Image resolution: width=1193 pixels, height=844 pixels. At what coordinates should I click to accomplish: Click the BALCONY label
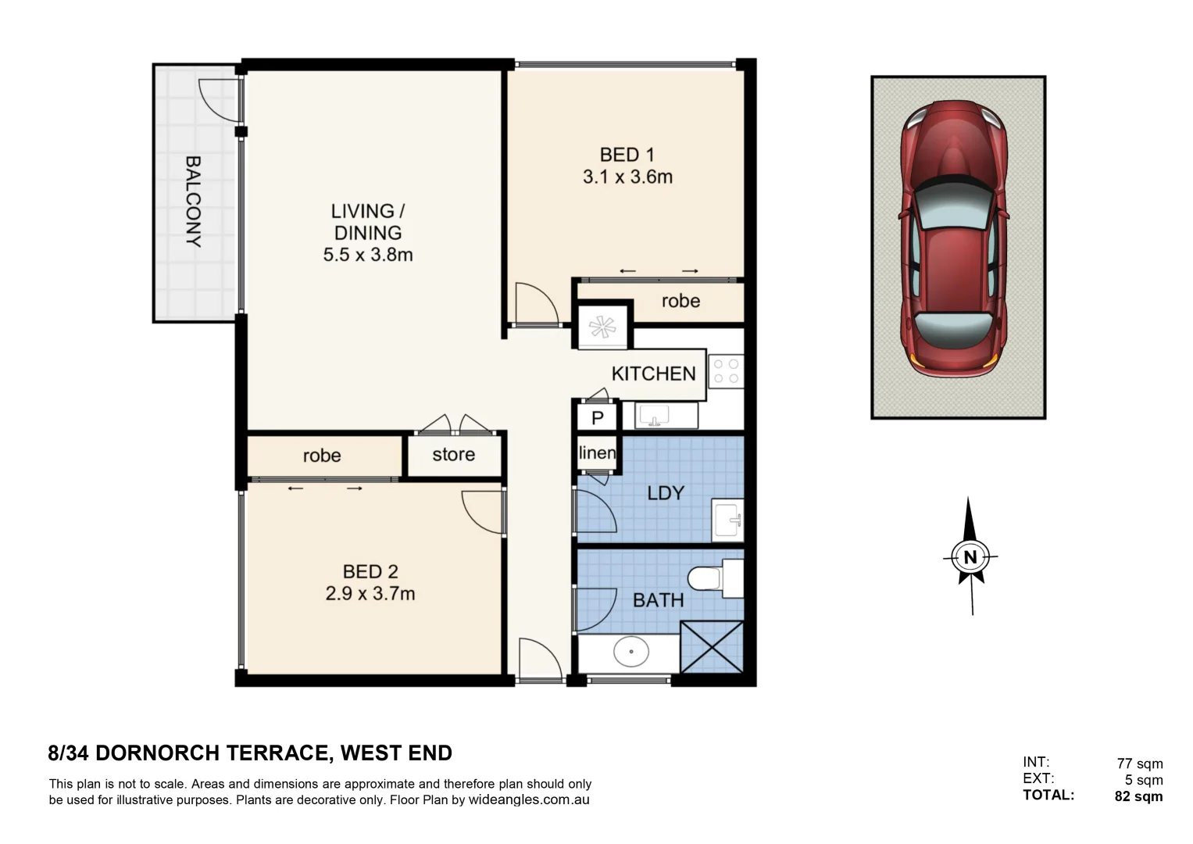[x=193, y=202]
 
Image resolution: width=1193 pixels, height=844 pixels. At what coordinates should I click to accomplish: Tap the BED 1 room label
[x=627, y=155]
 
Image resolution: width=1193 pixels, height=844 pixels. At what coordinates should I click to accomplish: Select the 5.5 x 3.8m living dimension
[x=367, y=255]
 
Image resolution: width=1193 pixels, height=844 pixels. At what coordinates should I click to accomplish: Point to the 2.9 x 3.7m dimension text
[x=370, y=594]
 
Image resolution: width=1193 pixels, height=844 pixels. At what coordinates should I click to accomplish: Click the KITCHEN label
[x=653, y=374]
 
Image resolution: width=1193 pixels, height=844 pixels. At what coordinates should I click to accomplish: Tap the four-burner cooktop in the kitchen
[x=726, y=371]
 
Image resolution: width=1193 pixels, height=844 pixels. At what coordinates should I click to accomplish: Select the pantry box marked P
[x=598, y=418]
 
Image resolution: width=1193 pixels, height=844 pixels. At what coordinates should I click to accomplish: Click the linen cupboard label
[x=597, y=453]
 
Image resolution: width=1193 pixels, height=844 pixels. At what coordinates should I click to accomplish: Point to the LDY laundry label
[x=666, y=493]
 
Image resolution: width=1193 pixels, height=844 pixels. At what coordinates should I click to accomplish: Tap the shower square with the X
[x=712, y=646]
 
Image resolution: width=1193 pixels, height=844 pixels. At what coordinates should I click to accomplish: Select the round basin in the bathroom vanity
[x=630, y=653]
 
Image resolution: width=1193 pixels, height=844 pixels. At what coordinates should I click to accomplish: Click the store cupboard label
[x=453, y=455]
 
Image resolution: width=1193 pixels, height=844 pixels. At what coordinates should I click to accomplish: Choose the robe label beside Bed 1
[x=680, y=302]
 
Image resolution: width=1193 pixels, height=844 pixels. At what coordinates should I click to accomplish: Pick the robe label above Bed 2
[x=321, y=456]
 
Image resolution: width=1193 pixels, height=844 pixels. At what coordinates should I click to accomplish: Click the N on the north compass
[x=970, y=557]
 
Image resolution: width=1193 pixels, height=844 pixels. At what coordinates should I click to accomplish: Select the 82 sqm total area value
[x=1138, y=797]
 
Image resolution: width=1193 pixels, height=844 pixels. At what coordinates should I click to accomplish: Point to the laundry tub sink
[x=727, y=520]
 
